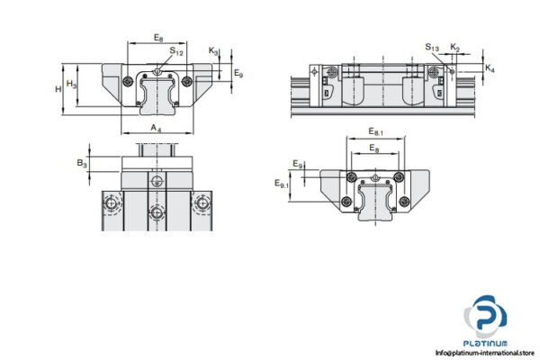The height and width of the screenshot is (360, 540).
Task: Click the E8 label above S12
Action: tap(158, 38)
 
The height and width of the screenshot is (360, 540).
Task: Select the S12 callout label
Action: tap(177, 53)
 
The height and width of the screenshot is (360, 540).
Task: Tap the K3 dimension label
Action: tap(213, 51)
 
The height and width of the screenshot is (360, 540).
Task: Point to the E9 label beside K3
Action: tap(238, 74)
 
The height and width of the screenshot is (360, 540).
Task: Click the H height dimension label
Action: tap(58, 88)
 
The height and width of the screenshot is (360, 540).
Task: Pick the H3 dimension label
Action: tap(72, 84)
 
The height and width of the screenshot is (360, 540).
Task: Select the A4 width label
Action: tap(157, 129)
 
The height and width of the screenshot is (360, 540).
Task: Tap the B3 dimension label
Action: tap(82, 163)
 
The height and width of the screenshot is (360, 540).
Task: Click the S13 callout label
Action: tap(433, 48)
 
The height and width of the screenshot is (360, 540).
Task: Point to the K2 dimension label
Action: tap(455, 47)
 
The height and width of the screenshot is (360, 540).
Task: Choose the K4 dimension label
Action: tap(489, 68)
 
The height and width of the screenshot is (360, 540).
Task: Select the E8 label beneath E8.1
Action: tap(373, 148)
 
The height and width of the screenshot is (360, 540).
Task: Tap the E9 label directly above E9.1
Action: tap(298, 164)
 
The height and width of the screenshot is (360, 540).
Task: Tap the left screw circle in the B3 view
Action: tap(114, 205)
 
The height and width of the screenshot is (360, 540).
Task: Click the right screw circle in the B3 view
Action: tap(202, 205)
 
